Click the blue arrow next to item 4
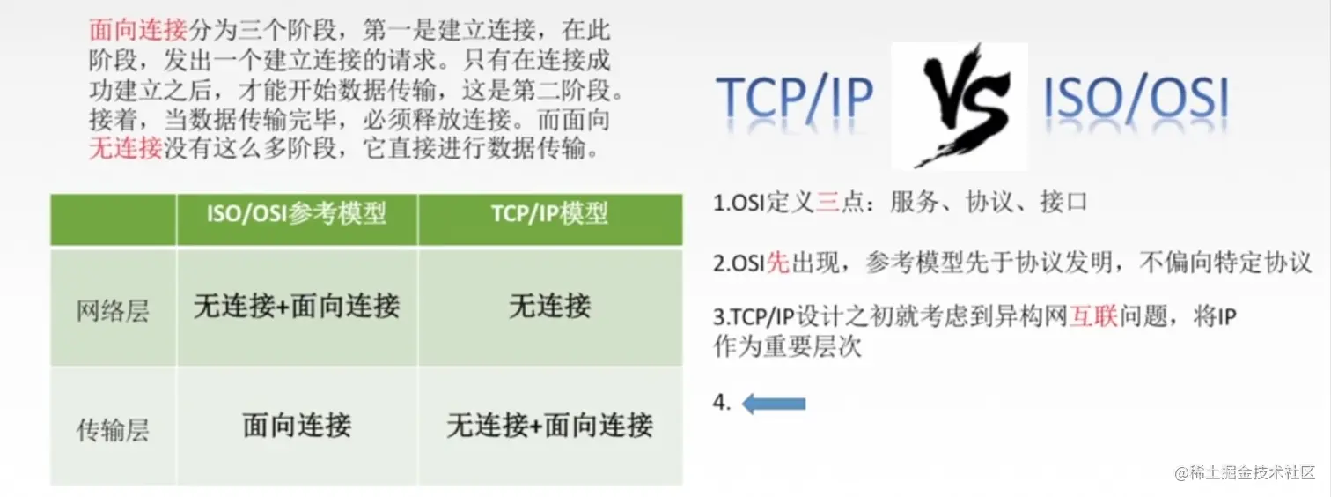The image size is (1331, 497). click(775, 404)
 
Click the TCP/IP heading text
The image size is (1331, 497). click(794, 100)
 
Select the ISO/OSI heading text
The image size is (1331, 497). click(1136, 100)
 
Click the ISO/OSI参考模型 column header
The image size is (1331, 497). click(298, 214)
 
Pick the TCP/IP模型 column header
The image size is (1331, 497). click(550, 214)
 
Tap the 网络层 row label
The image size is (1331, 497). click(114, 311)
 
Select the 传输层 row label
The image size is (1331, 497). click(114, 430)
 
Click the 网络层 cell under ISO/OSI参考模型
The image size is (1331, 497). click(298, 307)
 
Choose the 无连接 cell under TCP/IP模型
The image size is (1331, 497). click(550, 307)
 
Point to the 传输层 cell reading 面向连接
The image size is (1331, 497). click(298, 427)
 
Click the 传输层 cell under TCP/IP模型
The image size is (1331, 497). click(550, 427)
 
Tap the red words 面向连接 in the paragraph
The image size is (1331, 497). click(138, 31)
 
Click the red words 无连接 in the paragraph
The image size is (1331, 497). click(126, 148)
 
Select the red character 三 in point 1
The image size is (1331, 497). click(828, 202)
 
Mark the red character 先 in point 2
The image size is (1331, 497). click(778, 263)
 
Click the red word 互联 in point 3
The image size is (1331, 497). click(1093, 317)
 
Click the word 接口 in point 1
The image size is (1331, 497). click(1063, 202)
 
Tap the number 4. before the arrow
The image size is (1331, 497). click(722, 404)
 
